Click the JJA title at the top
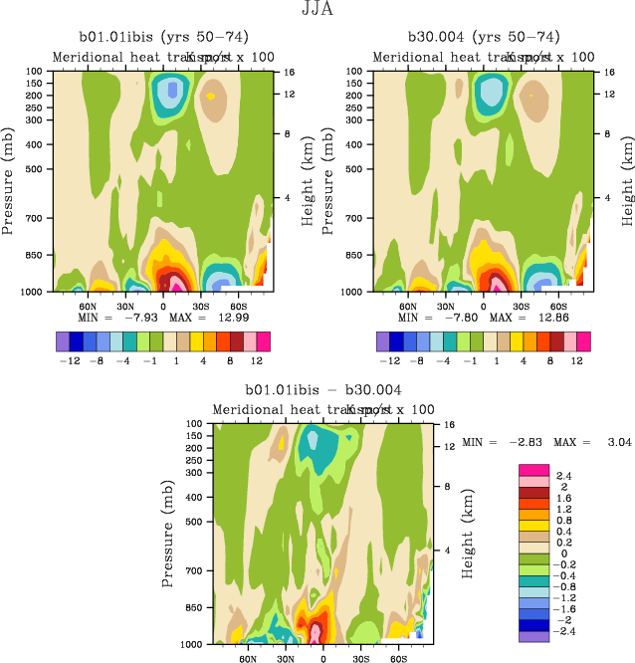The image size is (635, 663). tap(317, 10)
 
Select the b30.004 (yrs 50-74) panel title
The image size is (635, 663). tap(484, 36)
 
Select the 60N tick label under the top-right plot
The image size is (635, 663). tap(408, 308)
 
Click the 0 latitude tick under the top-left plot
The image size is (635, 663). tap(163, 308)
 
